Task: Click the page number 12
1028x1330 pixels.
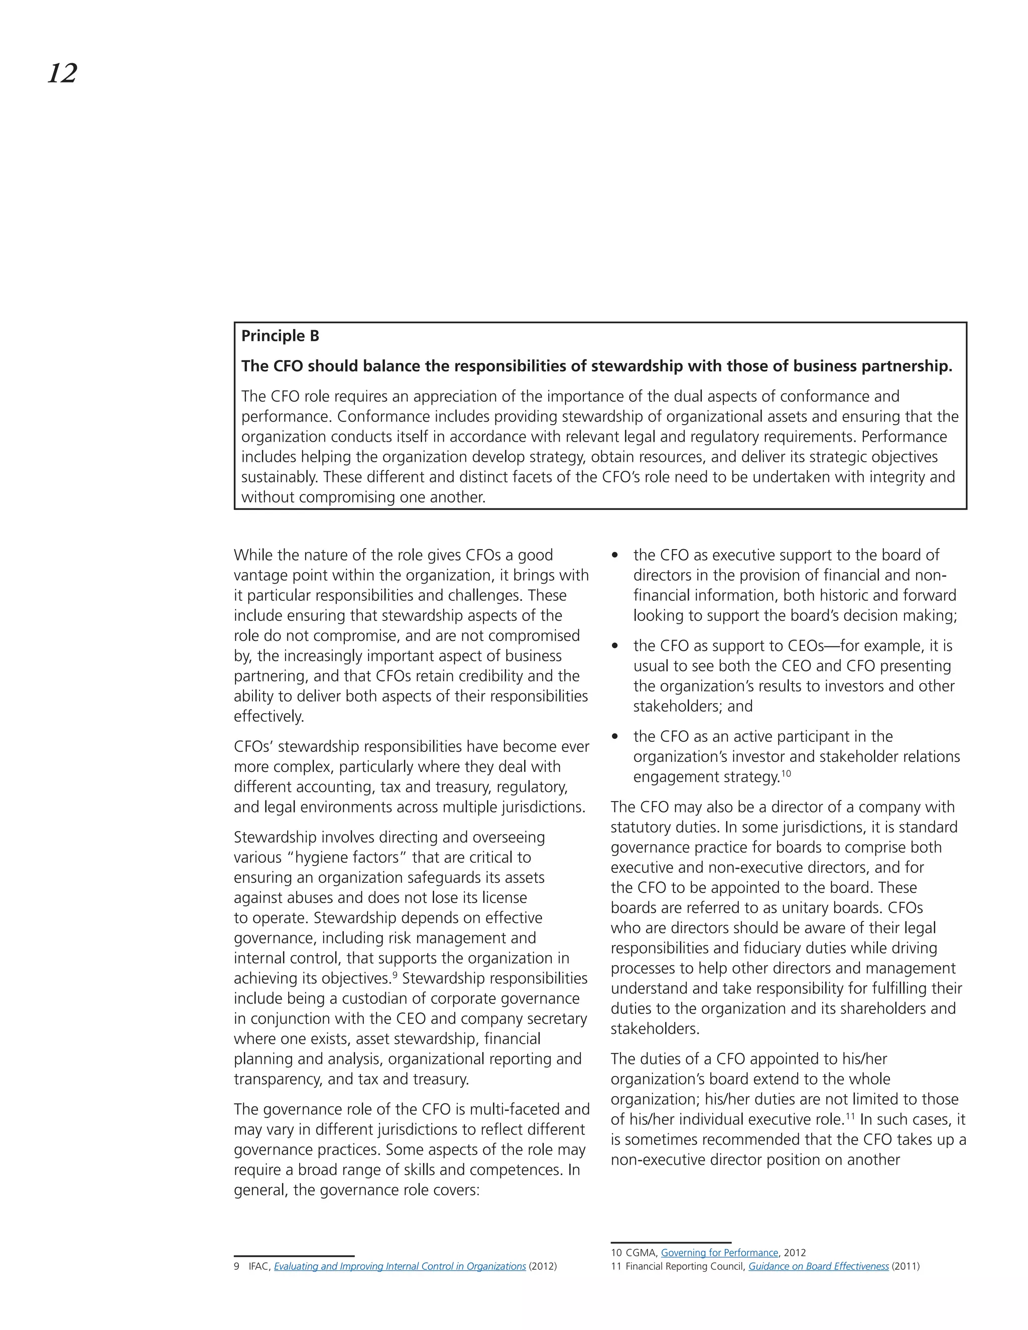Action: [62, 74]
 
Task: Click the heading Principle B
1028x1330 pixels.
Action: [280, 336]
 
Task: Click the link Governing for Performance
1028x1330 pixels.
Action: [719, 1253]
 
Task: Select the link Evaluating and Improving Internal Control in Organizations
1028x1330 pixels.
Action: [400, 1266]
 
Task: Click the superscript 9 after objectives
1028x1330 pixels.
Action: [395, 974]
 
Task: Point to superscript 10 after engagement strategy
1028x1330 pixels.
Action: [786, 773]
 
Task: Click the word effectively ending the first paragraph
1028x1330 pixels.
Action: [269, 716]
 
